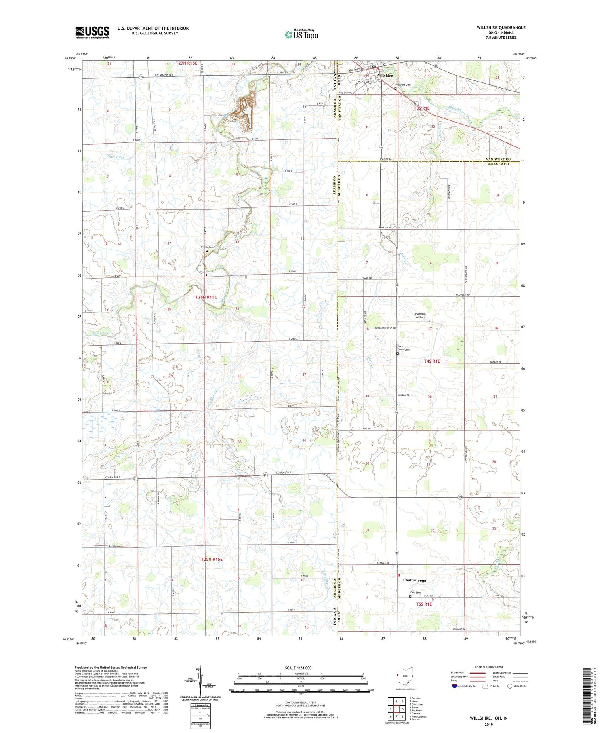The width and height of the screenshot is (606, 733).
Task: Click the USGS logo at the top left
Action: pos(92,32)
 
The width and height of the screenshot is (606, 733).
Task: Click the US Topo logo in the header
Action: pos(301,35)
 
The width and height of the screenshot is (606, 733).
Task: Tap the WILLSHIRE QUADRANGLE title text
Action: pos(501,27)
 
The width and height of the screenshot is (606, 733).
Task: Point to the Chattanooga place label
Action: pos(414,580)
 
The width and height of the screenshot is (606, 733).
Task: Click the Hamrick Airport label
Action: pos(421,315)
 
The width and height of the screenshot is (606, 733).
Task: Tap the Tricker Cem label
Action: pos(207,247)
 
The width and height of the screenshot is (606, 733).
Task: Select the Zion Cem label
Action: pos(410,592)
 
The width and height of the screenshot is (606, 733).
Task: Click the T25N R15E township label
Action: pos(212,559)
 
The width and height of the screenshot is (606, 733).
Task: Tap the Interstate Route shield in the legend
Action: pos(455,686)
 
